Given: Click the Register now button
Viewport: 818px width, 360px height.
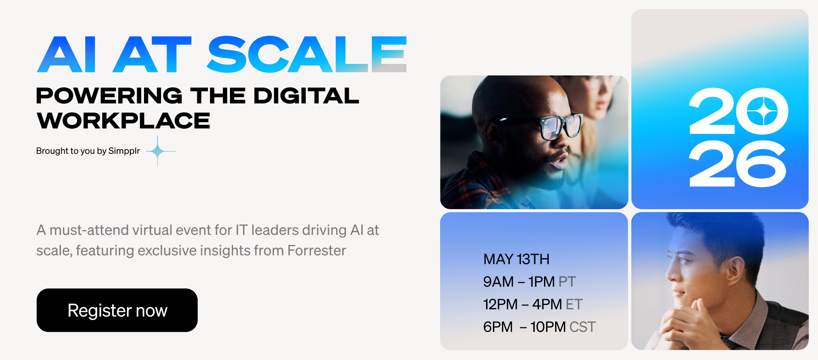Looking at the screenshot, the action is pos(117,310).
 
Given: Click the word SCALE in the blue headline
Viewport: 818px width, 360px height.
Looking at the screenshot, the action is pos(307,54).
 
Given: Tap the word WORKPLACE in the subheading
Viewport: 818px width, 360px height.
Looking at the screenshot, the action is pos(124,121).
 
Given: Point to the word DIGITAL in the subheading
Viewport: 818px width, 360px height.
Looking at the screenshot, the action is pos(306,95).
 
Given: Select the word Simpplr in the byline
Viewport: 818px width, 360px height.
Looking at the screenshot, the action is pos(124,151).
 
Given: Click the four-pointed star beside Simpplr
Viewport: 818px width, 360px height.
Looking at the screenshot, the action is pos(158,151).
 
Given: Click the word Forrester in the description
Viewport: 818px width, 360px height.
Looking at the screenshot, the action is pos(317,251).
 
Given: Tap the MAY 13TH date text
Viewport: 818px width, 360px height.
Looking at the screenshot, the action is pos(516,259).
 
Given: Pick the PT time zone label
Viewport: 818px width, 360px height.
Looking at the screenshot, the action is pos(567,282).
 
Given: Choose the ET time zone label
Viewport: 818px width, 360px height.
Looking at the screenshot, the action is pos(574,304).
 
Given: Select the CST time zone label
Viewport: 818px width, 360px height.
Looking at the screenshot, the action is pos(582,327).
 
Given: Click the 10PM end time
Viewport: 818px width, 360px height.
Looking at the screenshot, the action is pos(548,327).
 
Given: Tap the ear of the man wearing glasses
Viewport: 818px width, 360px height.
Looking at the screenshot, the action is pos(486,130).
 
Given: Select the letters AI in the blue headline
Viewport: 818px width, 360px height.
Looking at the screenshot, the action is pos(66,54).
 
